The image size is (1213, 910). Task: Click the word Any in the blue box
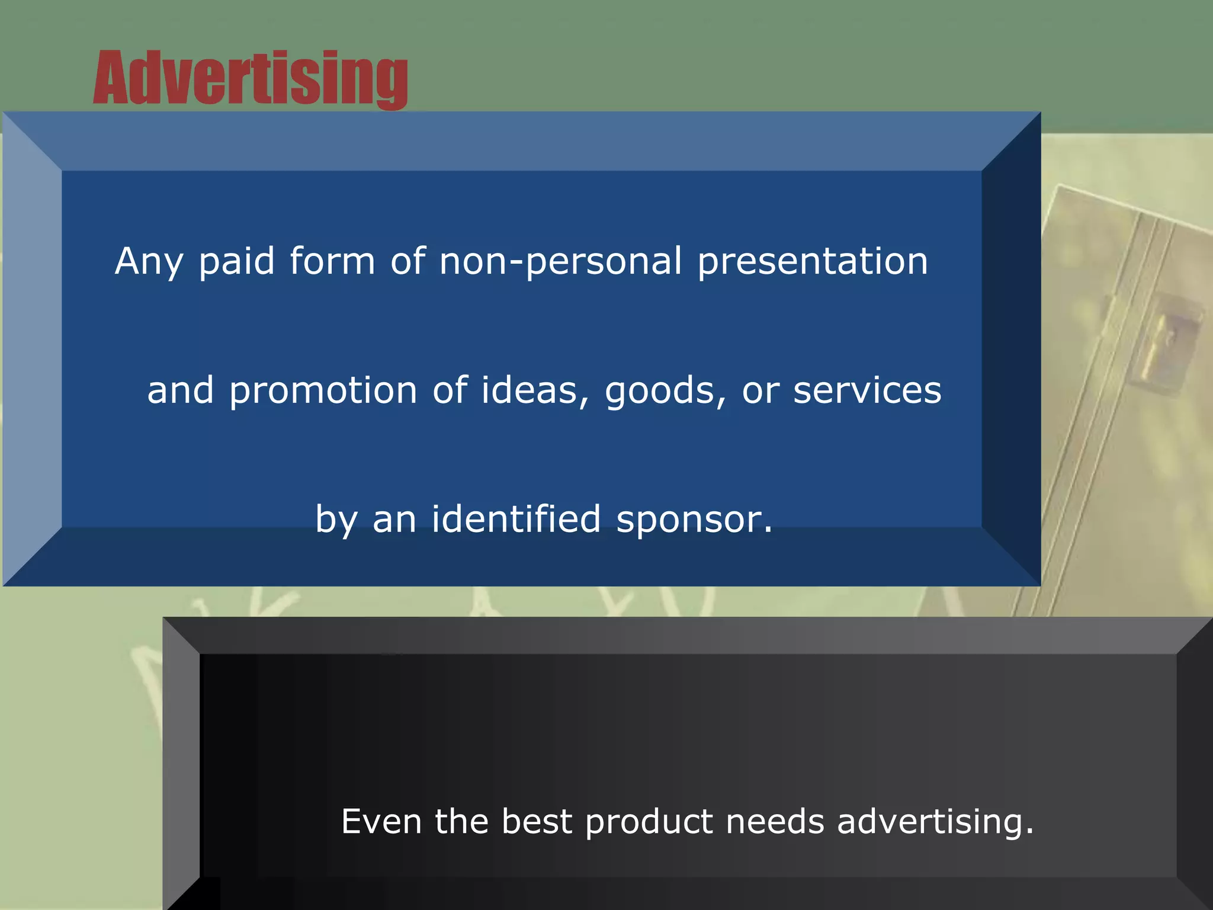coord(149,261)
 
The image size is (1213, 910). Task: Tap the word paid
coord(236,261)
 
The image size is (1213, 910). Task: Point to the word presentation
coord(812,261)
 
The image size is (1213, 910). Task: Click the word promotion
coord(323,391)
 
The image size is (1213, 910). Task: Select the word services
coord(867,391)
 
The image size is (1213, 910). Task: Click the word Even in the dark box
coord(381,822)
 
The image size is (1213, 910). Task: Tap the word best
coord(537,822)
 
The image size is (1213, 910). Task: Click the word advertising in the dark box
coord(935,823)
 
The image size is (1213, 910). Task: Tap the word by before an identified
coord(336,520)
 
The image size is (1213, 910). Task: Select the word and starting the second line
coord(180,391)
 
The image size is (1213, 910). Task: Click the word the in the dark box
coord(461,822)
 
